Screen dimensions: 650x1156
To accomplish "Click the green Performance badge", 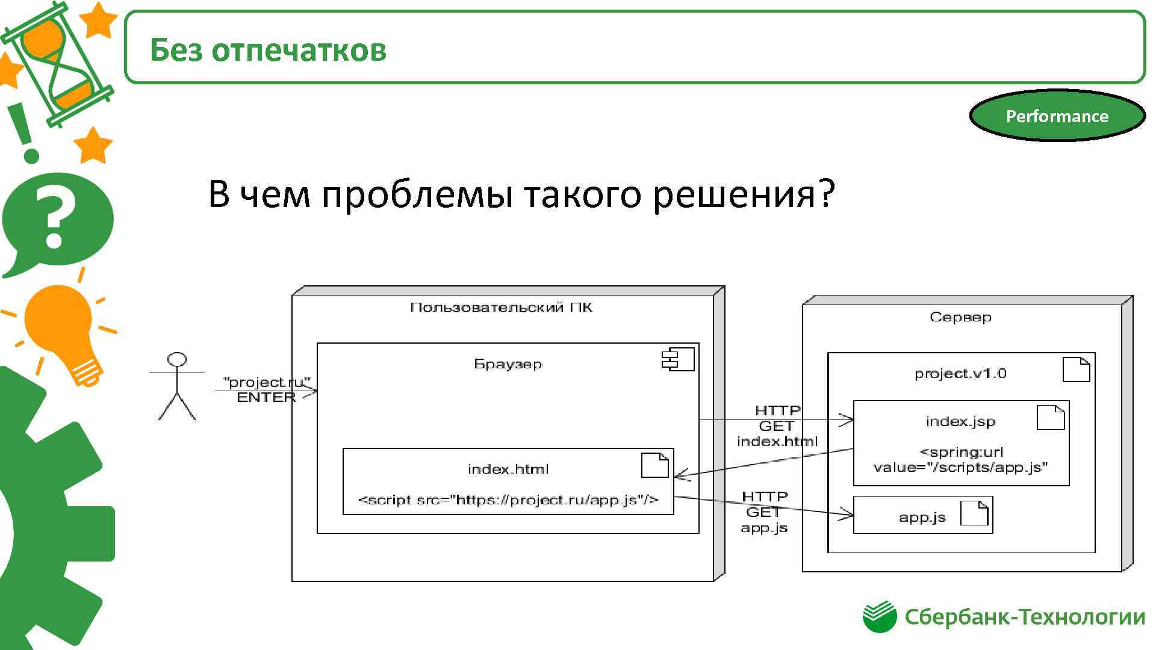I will click(x=1057, y=116).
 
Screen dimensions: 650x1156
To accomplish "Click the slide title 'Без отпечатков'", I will click(x=268, y=49).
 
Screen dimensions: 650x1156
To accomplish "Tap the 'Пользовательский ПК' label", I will click(x=501, y=308).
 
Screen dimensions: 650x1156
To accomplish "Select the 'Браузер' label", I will click(x=508, y=364).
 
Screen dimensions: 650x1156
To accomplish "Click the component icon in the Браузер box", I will click(x=677, y=359).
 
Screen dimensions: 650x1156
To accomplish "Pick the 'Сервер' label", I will click(x=960, y=317).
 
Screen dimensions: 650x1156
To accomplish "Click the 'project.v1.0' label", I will click(x=960, y=374).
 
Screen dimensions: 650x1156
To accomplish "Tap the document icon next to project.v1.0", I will click(x=1076, y=369).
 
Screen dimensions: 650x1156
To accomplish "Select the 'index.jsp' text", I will click(x=960, y=421).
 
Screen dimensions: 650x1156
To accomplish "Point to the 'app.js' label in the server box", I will click(x=922, y=517).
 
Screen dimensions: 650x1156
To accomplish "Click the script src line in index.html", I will click(x=508, y=500).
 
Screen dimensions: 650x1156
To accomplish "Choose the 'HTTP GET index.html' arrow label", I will click(x=777, y=426).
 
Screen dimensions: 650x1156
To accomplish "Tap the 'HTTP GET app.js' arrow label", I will click(x=764, y=512).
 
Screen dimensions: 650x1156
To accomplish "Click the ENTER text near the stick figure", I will click(x=266, y=397).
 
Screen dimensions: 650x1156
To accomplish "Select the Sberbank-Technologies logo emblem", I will click(x=880, y=616).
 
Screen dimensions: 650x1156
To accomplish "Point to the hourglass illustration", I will click(x=57, y=63).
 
